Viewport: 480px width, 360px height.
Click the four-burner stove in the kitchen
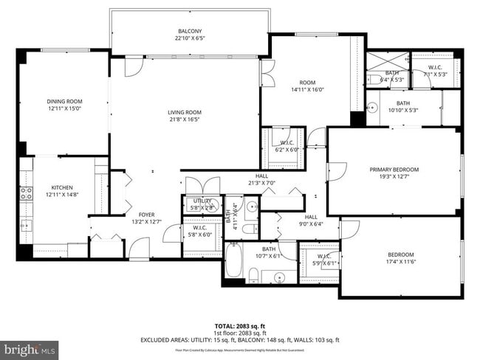(x=25, y=194)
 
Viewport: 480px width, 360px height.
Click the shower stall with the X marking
(x=387, y=61)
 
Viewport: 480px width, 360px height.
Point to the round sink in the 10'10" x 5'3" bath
(x=372, y=105)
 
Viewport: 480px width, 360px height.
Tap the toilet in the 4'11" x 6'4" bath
(x=251, y=207)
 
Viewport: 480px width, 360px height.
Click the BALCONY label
(x=190, y=31)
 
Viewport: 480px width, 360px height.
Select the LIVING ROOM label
(x=184, y=112)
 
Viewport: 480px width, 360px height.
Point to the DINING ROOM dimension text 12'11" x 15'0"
(x=65, y=108)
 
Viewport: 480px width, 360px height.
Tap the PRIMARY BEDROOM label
(x=394, y=169)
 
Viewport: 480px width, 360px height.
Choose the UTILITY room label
(x=202, y=200)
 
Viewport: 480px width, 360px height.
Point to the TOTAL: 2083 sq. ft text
(x=240, y=325)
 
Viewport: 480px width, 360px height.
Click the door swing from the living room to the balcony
(x=134, y=67)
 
